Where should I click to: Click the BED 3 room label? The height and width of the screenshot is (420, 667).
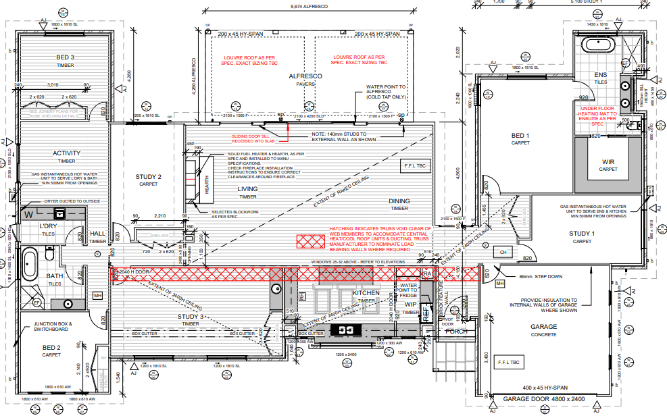[65, 57]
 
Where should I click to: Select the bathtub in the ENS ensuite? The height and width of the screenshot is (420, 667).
[599, 45]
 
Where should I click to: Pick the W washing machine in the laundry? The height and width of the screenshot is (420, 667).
[29, 214]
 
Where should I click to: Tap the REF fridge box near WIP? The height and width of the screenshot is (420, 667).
[426, 313]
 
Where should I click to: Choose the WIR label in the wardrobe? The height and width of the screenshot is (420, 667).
[609, 162]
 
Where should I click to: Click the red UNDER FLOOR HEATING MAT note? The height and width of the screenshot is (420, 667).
[597, 115]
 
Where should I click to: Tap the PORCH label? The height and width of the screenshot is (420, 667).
[456, 331]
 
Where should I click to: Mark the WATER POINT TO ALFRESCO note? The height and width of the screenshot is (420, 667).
[386, 91]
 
